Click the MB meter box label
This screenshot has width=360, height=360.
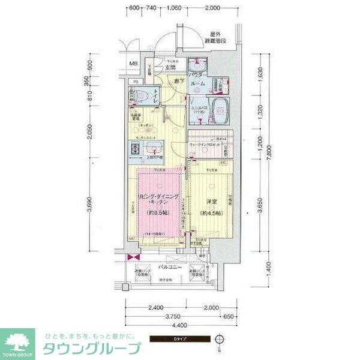tap(134, 64)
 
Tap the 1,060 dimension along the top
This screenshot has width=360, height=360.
tap(175, 8)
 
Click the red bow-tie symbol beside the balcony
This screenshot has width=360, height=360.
tap(131, 258)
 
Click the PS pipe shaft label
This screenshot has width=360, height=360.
tap(136, 82)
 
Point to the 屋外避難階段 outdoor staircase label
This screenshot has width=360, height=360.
tap(217, 38)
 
